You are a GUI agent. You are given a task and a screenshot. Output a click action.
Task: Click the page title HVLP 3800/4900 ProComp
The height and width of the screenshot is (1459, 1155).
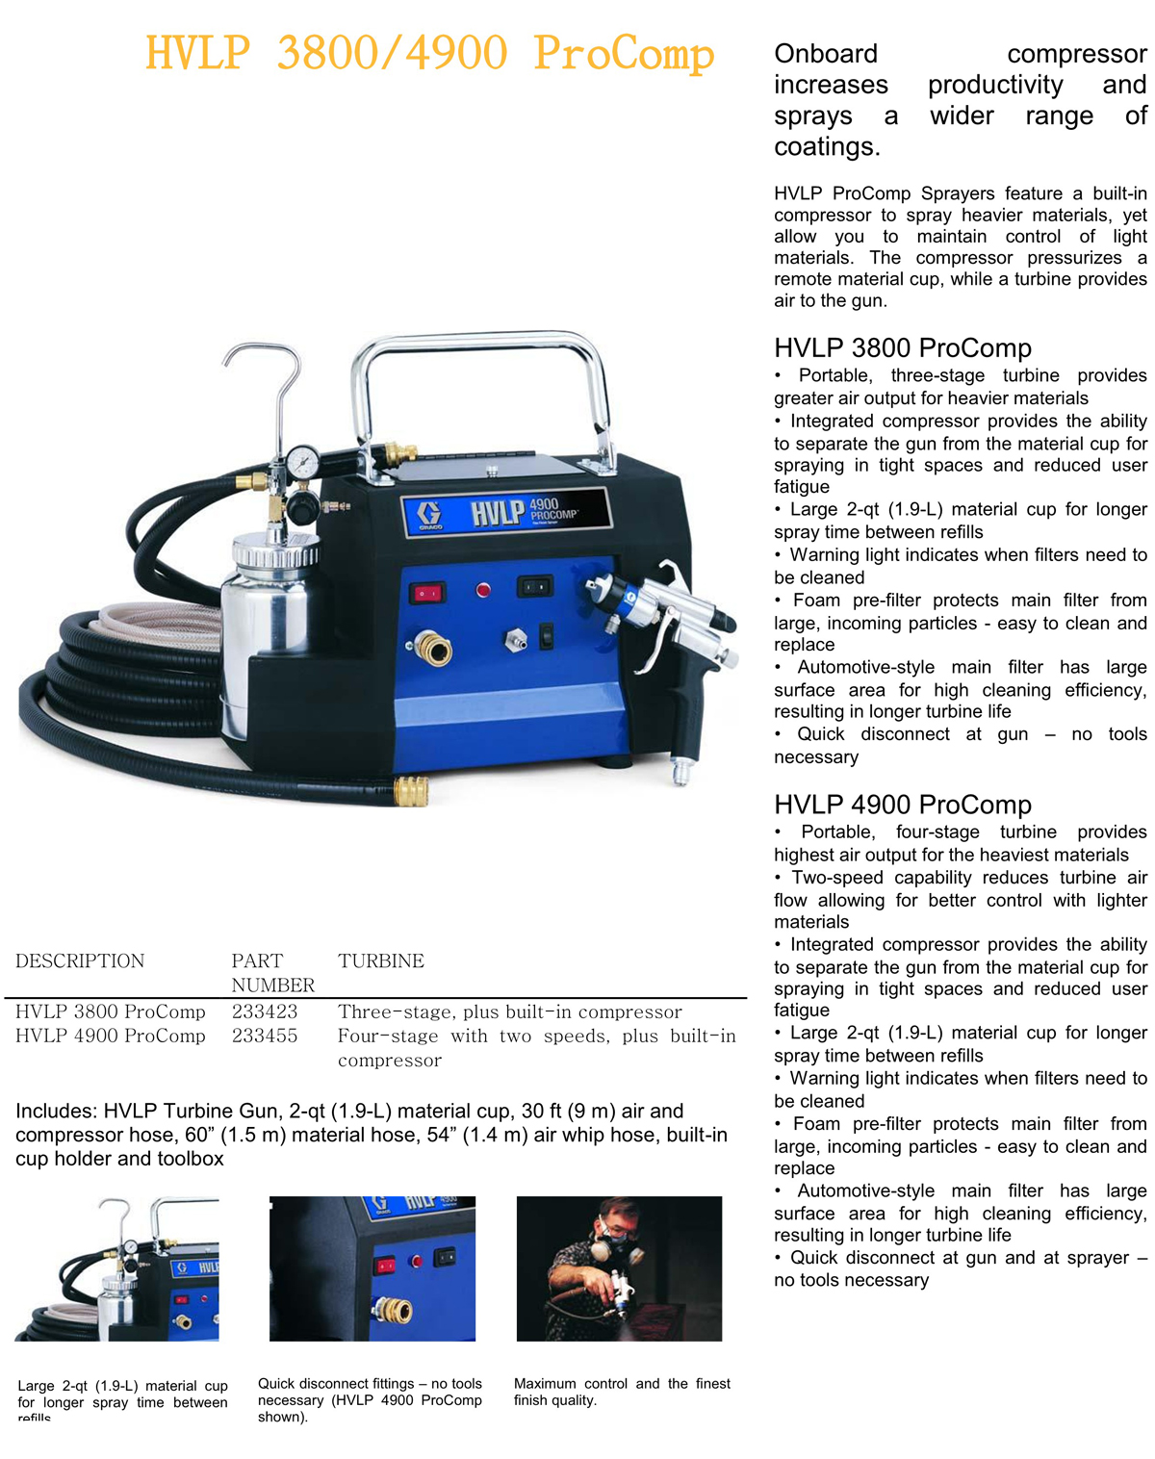tap(430, 53)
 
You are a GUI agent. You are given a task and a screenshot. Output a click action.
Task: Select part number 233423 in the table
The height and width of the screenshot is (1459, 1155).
tap(265, 1011)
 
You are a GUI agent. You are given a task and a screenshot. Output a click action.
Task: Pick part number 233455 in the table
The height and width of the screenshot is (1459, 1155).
tap(265, 1036)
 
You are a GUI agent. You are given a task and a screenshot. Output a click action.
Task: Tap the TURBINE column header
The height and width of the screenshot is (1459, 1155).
tap(381, 960)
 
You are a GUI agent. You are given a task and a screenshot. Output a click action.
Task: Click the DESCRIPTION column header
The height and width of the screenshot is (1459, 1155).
tap(80, 960)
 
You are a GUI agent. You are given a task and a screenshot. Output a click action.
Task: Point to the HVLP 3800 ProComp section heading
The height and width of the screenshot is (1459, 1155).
tap(903, 347)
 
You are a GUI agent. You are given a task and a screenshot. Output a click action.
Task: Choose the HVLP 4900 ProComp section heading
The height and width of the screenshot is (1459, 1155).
tap(903, 804)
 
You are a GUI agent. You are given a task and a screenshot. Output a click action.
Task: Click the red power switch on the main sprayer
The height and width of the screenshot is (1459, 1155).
tap(427, 593)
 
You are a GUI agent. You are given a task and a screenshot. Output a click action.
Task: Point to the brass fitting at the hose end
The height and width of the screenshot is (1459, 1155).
tap(412, 791)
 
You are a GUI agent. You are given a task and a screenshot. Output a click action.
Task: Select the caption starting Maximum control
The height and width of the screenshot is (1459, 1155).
tap(622, 1392)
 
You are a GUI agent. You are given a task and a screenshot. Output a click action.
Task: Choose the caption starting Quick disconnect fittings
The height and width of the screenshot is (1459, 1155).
tap(370, 1400)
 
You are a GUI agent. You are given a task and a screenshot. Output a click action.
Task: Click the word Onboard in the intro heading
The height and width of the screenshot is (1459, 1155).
tap(826, 54)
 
